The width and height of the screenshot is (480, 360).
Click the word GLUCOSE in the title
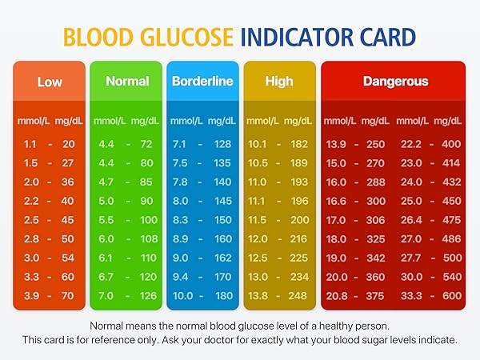(190, 37)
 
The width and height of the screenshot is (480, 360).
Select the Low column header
(50, 82)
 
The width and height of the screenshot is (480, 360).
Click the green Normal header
(127, 82)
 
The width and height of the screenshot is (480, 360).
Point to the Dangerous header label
(395, 82)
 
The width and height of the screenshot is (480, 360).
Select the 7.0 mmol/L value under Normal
(106, 296)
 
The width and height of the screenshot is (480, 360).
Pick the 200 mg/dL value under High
(299, 220)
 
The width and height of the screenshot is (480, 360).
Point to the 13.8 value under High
(258, 296)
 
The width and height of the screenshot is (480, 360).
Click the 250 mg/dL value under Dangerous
(375, 144)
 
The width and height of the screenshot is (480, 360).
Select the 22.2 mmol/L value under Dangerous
(410, 144)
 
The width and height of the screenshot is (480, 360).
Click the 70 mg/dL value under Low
(68, 296)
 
